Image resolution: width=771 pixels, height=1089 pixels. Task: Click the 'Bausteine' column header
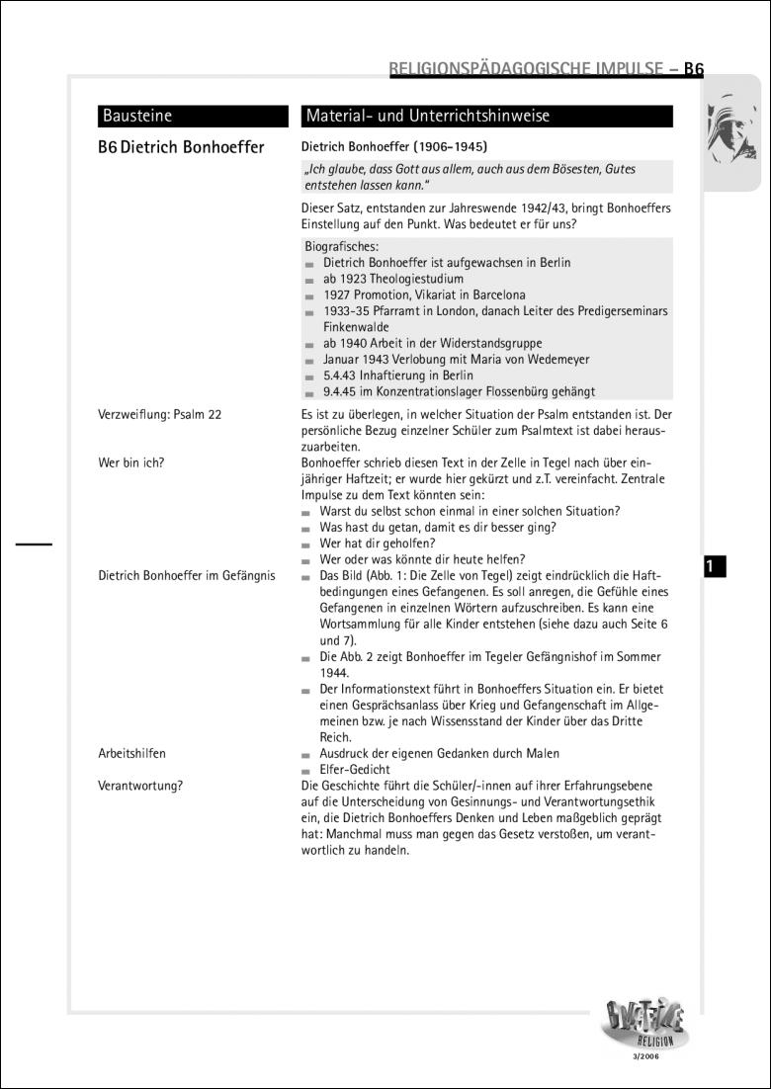(x=136, y=117)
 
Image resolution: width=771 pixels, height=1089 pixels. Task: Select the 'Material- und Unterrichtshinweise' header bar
(x=427, y=117)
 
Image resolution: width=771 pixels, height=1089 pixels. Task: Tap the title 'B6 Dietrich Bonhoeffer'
(x=181, y=148)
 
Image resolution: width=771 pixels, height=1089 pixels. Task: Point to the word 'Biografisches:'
(x=341, y=247)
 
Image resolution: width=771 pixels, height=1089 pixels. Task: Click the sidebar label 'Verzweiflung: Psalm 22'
(x=159, y=415)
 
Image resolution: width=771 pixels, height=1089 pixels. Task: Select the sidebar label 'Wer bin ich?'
(x=131, y=462)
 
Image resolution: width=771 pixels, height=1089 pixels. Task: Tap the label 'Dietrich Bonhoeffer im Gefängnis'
(x=187, y=575)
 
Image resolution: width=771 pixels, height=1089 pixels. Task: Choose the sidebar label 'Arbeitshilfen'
(x=132, y=753)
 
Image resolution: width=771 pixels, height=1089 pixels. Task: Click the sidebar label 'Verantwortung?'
(x=140, y=786)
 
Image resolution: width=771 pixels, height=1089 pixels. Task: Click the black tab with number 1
(x=715, y=566)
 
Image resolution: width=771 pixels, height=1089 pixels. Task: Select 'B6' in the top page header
(x=693, y=70)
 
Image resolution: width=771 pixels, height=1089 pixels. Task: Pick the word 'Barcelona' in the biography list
(x=491, y=294)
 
